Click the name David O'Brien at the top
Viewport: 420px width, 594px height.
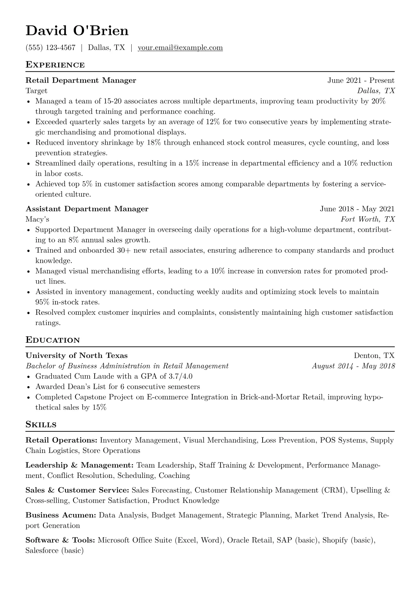coord(77,31)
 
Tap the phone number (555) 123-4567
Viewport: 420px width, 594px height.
coord(50,48)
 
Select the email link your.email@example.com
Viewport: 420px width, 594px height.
coord(180,48)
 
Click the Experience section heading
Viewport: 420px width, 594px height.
coord(55,65)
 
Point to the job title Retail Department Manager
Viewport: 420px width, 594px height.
coord(81,80)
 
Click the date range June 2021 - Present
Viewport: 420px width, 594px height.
coord(361,80)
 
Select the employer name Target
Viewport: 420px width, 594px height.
coord(36,91)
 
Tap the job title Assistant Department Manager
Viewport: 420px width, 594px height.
coord(87,209)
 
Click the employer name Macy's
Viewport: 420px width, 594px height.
coord(37,219)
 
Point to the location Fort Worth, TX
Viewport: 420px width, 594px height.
coord(367,219)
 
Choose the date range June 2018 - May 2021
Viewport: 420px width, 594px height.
coord(357,209)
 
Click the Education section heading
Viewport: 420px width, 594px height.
coord(53,340)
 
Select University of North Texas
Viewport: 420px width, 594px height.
coord(77,355)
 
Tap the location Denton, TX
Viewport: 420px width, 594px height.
coord(374,355)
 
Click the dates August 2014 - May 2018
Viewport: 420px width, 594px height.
coord(353,366)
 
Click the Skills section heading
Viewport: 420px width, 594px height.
coord(41,425)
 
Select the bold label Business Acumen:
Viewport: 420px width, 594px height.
coord(61,515)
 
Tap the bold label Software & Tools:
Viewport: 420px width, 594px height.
coord(60,540)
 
